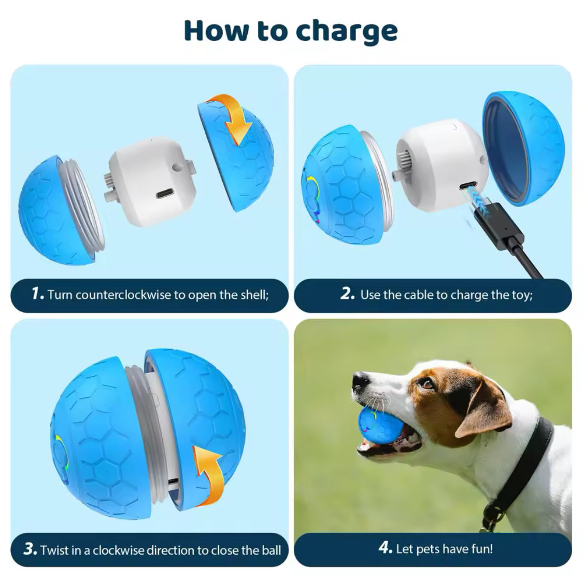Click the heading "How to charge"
tap(291, 31)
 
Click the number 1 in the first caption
tap(36, 294)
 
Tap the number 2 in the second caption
tap(347, 294)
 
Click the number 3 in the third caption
tap(30, 549)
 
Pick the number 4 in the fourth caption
tap(385, 548)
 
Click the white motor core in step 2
tap(440, 156)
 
